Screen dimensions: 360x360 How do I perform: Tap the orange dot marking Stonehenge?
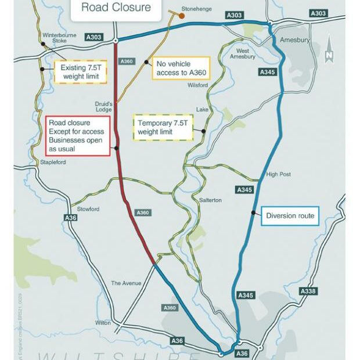point(182,16)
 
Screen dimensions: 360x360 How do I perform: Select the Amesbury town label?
point(294,39)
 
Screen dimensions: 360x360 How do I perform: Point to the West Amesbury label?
point(243,53)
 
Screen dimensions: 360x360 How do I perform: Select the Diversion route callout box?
point(290,216)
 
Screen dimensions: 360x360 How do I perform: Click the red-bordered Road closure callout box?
point(77,136)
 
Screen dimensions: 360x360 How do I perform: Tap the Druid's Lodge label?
point(103,107)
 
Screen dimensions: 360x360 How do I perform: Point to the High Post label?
point(278,174)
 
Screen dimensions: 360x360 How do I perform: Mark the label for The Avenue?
point(126,283)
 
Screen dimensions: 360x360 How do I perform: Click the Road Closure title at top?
point(116,8)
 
